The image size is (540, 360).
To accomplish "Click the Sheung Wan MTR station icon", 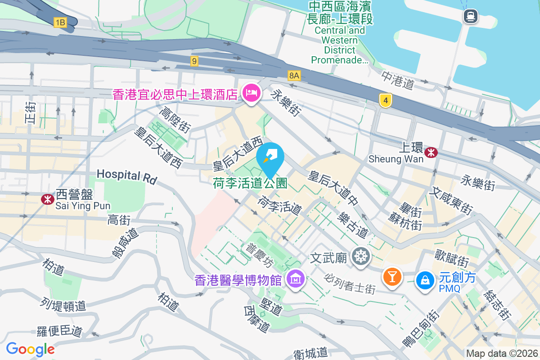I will [x=431, y=152].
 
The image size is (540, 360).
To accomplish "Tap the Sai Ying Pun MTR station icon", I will [x=47, y=199].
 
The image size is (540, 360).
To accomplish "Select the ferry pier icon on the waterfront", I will [x=470, y=17].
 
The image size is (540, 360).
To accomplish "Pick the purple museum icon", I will [x=296, y=279].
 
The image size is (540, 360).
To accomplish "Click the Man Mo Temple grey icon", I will [x=361, y=257].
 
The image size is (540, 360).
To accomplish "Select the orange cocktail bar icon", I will [x=392, y=276].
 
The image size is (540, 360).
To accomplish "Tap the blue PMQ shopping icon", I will [x=425, y=280].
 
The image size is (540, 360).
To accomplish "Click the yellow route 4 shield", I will [x=385, y=100].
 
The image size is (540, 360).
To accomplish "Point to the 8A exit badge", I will [x=294, y=75].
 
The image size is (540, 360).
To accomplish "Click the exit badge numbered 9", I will [x=194, y=61].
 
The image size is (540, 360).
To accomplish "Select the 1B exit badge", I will [x=60, y=22].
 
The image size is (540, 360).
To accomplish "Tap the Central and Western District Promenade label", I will [x=340, y=45].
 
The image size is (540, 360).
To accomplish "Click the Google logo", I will [x=30, y=349].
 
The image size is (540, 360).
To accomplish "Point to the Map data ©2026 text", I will [x=501, y=354].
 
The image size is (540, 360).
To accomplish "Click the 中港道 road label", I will [x=397, y=79].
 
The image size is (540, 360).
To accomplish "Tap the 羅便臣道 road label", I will [x=59, y=331].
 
